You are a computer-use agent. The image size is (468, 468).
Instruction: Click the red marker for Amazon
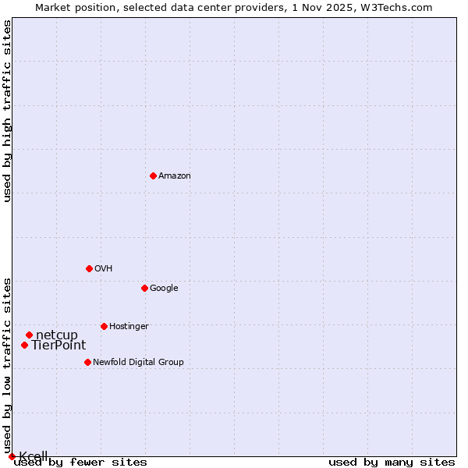(x=153, y=175)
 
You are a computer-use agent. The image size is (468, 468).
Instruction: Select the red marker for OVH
(x=89, y=268)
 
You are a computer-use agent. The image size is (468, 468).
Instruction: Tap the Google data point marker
(x=144, y=288)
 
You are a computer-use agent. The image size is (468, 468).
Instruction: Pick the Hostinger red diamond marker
(x=104, y=326)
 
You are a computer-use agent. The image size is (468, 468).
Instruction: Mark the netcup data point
(x=29, y=335)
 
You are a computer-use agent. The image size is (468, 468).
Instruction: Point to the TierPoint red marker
(x=24, y=345)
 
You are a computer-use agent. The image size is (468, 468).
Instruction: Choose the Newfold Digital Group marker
(x=87, y=362)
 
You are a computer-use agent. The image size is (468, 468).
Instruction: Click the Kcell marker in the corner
(x=12, y=456)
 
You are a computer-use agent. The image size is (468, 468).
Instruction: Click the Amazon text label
(x=175, y=175)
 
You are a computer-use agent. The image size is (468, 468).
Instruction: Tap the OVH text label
(x=104, y=268)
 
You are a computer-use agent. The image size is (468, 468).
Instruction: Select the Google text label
(x=164, y=288)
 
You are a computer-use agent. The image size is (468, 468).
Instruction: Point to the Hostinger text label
(x=129, y=326)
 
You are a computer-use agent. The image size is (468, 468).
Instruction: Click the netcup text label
(x=57, y=335)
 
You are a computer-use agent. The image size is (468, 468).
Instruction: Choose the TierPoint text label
(x=58, y=345)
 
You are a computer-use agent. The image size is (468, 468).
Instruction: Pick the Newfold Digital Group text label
(x=138, y=362)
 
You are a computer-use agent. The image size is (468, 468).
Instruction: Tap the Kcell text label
(x=34, y=456)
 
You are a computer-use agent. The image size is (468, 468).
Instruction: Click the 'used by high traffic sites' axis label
(x=8, y=111)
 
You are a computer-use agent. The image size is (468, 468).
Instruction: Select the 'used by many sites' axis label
(x=392, y=462)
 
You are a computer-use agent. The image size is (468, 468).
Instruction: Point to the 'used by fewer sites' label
(x=80, y=462)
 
